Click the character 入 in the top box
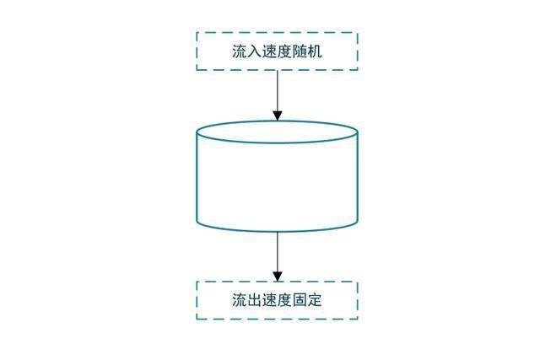(255, 51)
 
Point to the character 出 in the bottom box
(255, 300)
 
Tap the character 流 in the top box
(240, 51)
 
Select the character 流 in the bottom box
(240, 300)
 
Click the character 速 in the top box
(270, 51)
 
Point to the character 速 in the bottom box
(270, 300)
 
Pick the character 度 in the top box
(284, 51)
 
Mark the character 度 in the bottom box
(284, 300)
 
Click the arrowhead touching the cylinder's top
(277, 116)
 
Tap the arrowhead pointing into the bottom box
(277, 276)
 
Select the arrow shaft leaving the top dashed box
(277, 89)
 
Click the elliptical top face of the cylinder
(277, 132)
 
